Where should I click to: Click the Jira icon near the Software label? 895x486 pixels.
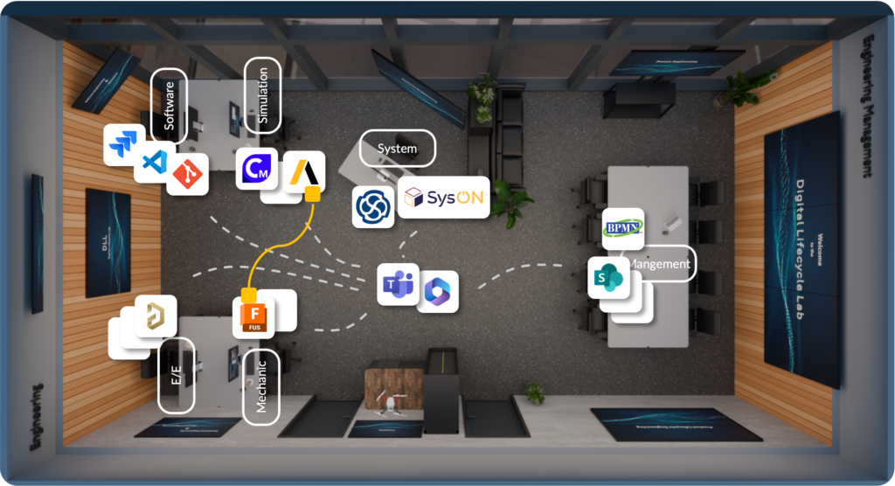124,144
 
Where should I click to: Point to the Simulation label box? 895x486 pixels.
263,95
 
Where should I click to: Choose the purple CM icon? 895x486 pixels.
257,168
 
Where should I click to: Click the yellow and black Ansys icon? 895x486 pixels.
304,172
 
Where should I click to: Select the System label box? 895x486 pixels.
398,149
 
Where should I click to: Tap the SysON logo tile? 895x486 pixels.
443,198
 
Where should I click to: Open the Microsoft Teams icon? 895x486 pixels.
399,284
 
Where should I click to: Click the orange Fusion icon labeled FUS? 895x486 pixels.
253,317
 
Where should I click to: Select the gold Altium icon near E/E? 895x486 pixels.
156,316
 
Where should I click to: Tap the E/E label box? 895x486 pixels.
176,375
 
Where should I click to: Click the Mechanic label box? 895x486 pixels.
260,386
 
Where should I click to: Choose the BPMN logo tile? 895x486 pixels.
623,229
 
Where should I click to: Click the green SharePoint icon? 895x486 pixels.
609,278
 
